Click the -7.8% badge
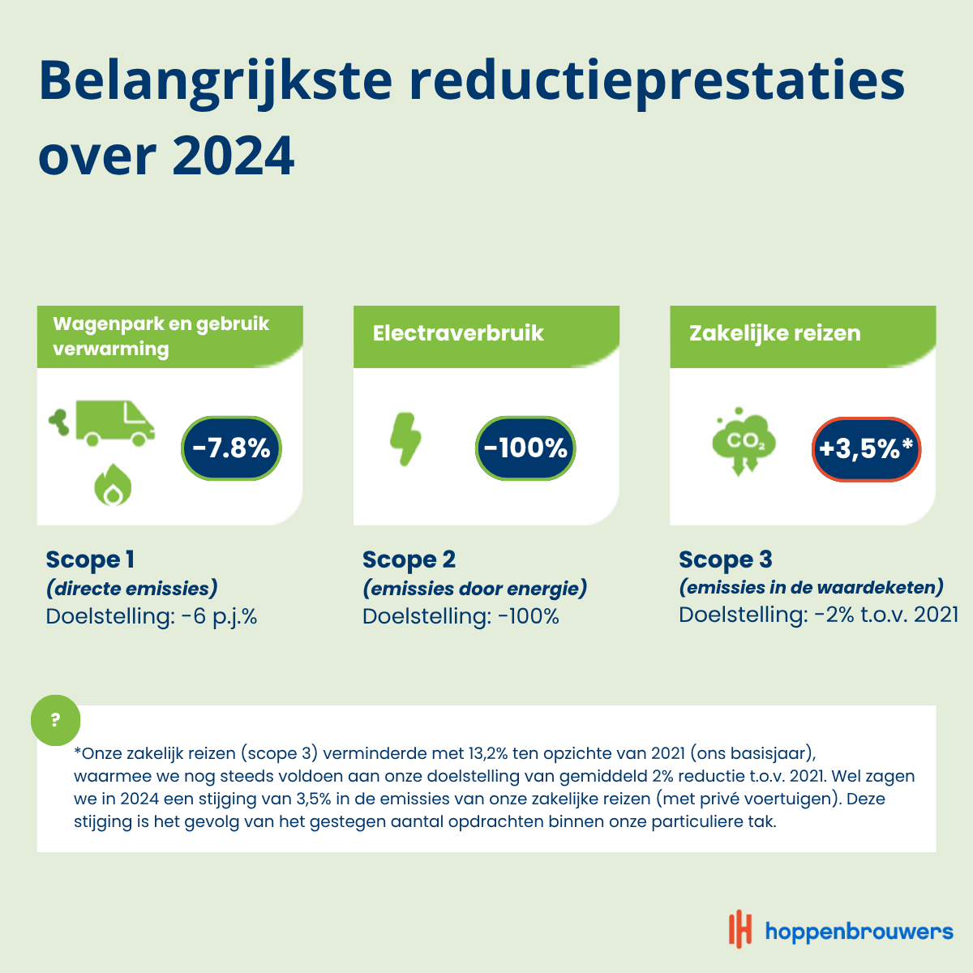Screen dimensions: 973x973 click(231, 448)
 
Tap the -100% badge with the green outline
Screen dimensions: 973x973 click(525, 448)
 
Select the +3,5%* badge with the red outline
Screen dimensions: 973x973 click(866, 449)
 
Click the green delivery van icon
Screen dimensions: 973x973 click(115, 423)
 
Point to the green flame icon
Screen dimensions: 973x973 click(113, 485)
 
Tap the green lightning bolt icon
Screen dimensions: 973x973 click(405, 439)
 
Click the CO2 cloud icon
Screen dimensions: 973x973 click(744, 441)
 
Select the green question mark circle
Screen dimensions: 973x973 click(56, 720)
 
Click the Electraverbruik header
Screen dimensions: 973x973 click(458, 333)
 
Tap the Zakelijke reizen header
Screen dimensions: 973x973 click(774, 333)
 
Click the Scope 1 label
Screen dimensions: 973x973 click(90, 559)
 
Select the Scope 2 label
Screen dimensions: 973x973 click(409, 559)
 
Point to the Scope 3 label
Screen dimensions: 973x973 click(725, 559)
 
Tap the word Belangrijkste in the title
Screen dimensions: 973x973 click(216, 82)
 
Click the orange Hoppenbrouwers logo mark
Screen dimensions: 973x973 click(739, 929)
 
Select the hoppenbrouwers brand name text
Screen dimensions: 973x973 click(859, 931)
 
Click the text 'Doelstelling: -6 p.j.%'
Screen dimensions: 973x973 click(152, 616)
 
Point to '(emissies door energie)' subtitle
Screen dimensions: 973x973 click(474, 588)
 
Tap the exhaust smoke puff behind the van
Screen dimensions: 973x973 click(58, 422)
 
